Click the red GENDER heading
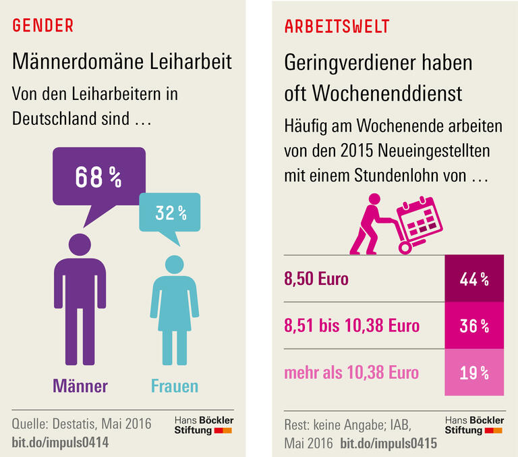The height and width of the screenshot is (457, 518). point(43,26)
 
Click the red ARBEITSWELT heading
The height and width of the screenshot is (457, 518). point(337,26)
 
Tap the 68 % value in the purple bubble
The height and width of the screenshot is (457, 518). point(98,178)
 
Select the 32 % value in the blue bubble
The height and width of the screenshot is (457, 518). point(171,213)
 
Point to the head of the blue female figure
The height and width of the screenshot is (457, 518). point(175,265)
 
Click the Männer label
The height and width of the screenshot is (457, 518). point(80,386)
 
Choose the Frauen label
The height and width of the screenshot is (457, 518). point(175,386)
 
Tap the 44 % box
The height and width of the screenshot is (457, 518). point(474,279)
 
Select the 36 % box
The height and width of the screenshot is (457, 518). point(474,325)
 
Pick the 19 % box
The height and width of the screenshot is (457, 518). point(474,372)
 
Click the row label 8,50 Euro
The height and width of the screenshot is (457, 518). point(316,279)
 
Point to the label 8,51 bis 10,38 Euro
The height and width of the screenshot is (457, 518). point(351,326)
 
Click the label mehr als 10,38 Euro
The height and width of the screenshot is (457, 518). point(351,373)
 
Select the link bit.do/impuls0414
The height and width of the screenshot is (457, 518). point(60,442)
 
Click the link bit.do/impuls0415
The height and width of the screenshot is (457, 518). point(388,443)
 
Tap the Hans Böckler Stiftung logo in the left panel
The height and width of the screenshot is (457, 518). point(203,425)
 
